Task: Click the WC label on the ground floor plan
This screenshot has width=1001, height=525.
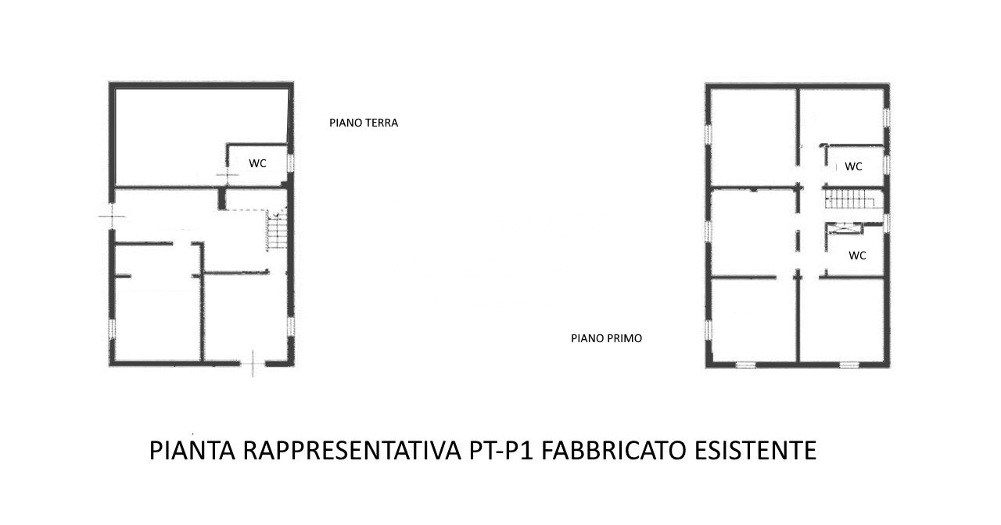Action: [x=257, y=163]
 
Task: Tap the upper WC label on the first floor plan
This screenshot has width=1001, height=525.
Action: [x=853, y=166]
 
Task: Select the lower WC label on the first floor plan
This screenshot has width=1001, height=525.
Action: [x=857, y=255]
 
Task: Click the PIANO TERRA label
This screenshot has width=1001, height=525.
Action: [x=364, y=123]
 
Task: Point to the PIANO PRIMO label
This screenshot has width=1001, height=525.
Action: [x=606, y=338]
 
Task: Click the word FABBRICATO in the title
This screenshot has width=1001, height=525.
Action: [x=614, y=450]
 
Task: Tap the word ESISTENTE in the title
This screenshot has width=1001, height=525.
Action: [x=755, y=450]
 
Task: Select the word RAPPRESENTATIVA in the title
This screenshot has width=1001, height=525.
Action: [x=352, y=450]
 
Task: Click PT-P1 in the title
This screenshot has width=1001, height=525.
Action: [x=501, y=450]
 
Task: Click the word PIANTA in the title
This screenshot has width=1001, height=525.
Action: [x=192, y=450]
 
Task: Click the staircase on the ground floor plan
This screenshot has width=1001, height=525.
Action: [x=277, y=230]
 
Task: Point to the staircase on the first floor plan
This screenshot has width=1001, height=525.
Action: [x=850, y=198]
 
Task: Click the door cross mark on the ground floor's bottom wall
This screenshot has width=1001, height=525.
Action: [x=253, y=364]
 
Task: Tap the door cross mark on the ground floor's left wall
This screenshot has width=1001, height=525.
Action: [x=112, y=216]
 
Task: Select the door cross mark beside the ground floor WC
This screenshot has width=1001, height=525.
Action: [x=227, y=174]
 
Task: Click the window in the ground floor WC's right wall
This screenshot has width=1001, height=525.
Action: [x=290, y=162]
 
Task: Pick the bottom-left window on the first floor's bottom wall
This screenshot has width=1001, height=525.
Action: [x=745, y=365]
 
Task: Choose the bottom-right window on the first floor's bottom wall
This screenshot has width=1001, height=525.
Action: [x=849, y=365]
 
